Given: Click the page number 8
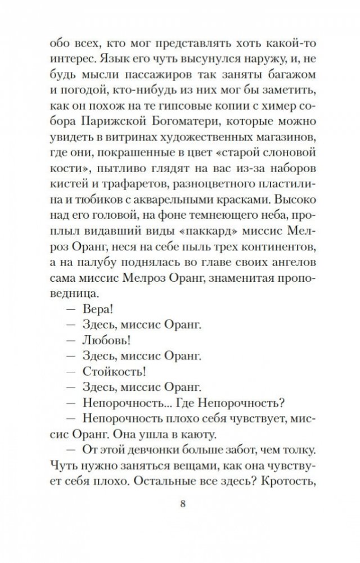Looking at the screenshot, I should (180, 502).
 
